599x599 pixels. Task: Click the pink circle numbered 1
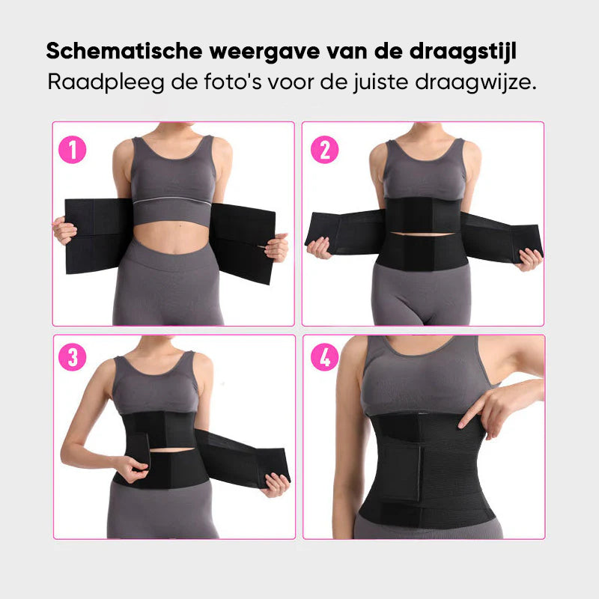[x=72, y=149]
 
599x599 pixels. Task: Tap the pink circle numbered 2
[x=325, y=149]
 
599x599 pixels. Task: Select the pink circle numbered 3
[x=72, y=357]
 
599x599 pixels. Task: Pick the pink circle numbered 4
[x=325, y=357]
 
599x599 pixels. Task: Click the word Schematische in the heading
[x=124, y=51]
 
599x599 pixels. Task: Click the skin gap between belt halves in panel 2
[x=422, y=233]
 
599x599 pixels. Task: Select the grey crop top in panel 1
[x=173, y=180]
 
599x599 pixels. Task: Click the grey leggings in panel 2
[x=421, y=294]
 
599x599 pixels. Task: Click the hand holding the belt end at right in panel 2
[x=530, y=259]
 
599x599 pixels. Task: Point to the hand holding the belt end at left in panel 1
[x=64, y=230]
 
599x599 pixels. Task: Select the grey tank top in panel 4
[x=425, y=377]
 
